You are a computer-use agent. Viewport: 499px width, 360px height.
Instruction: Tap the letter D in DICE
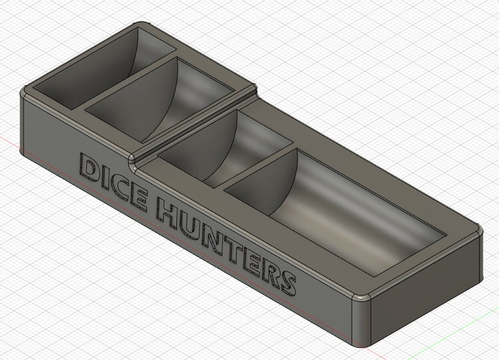point(89,167)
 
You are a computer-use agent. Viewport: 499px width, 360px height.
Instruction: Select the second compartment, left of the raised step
point(161,103)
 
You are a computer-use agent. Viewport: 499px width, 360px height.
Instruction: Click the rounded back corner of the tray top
point(142,25)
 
